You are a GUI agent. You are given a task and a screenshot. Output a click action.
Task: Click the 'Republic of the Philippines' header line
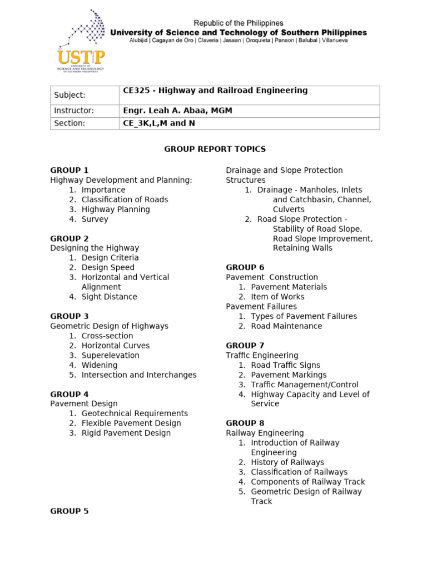(x=238, y=23)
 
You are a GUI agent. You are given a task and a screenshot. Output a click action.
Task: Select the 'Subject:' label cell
(x=85, y=95)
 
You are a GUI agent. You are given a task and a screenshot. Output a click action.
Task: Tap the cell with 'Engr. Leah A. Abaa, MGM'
(x=249, y=111)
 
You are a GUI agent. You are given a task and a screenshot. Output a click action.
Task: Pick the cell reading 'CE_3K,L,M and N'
(x=249, y=123)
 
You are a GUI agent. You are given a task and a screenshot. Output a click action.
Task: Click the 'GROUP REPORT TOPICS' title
(x=215, y=149)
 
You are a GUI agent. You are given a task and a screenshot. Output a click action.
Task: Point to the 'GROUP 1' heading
(x=69, y=170)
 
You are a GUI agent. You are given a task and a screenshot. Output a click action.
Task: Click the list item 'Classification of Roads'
(x=125, y=199)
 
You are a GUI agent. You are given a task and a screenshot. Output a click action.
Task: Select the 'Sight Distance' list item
(x=109, y=297)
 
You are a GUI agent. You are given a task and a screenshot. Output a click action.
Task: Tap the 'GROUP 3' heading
(x=69, y=316)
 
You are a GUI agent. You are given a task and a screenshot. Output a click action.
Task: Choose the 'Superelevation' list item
(x=110, y=355)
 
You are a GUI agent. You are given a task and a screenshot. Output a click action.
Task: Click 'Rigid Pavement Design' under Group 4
(x=126, y=433)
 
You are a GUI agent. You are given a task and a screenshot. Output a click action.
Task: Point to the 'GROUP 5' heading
(x=69, y=511)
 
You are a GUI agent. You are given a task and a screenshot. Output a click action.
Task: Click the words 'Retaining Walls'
(x=302, y=248)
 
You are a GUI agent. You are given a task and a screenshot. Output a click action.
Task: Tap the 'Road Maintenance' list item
(x=286, y=326)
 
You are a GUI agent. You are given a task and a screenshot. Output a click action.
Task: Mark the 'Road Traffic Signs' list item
(x=285, y=365)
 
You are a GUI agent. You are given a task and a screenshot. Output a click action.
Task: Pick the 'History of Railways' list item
(x=287, y=462)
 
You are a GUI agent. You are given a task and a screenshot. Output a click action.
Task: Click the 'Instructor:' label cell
(x=85, y=111)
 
